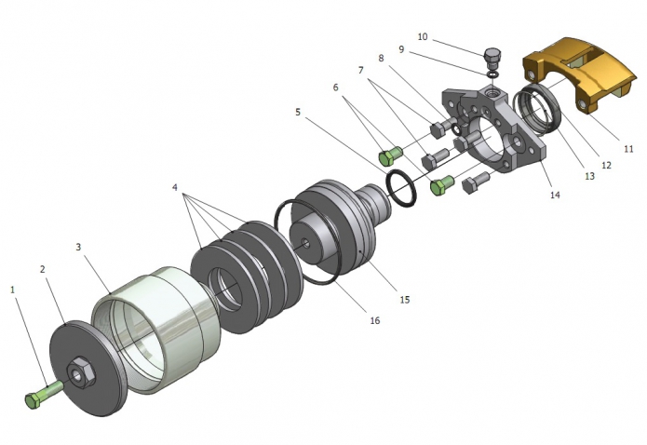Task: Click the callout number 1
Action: tap(13, 290)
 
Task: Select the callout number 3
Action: tap(79, 248)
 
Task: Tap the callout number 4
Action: tap(174, 187)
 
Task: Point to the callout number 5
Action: tap(298, 112)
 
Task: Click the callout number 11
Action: tap(628, 148)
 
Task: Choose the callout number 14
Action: tap(555, 196)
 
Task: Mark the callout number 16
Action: tap(374, 320)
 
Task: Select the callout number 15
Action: tap(405, 300)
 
